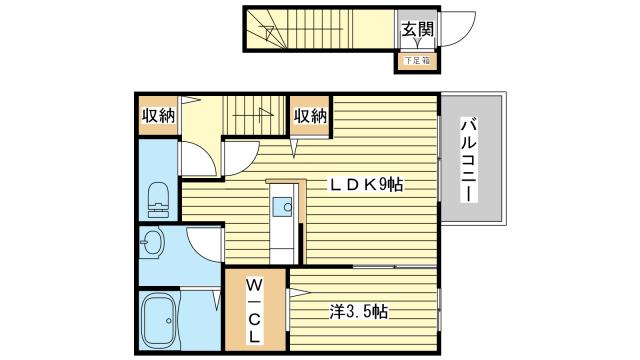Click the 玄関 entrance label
tap(417, 29)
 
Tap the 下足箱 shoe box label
tap(417, 61)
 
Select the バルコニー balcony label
tap(470, 160)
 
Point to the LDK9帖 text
tap(366, 184)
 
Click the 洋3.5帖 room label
tap(359, 312)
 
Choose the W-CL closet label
tap(253, 311)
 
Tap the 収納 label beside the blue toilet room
tap(158, 116)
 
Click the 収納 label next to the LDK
tap(311, 116)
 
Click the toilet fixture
tap(158, 199)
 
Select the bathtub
tap(160, 321)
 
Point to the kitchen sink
tap(282, 207)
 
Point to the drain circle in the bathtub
tap(169, 321)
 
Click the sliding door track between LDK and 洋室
tap(394, 267)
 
